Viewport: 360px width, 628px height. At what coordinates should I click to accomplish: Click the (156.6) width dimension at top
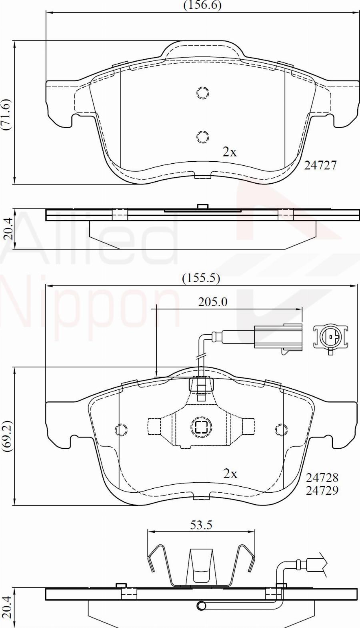(202, 5)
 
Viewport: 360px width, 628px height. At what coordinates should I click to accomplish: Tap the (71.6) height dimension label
(8, 114)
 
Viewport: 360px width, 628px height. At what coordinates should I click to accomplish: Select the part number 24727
(320, 165)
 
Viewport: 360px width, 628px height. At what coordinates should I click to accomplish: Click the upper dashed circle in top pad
(203, 93)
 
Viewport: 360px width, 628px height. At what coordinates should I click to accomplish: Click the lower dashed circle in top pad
(203, 136)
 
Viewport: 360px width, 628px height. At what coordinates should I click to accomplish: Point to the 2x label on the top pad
(230, 152)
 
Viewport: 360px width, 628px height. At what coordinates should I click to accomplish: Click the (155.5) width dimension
(201, 278)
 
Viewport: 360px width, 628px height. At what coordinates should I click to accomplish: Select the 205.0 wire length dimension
(212, 302)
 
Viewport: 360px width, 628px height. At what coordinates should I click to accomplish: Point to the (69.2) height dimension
(8, 436)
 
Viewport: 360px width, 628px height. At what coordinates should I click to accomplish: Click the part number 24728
(322, 477)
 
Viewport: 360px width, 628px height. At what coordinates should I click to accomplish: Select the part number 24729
(322, 490)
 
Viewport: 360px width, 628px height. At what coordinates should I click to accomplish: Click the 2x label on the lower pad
(230, 474)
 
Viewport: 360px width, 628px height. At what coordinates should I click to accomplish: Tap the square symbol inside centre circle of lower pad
(200, 427)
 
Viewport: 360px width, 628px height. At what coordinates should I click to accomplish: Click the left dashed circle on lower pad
(121, 430)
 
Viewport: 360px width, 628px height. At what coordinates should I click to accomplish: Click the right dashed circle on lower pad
(282, 430)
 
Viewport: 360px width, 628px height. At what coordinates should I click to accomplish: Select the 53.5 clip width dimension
(201, 525)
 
